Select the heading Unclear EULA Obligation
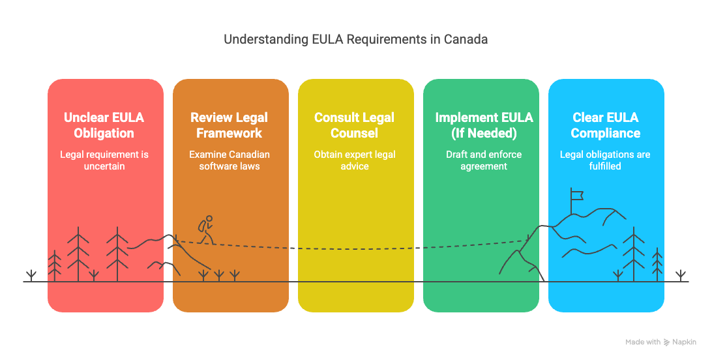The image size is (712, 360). point(104,125)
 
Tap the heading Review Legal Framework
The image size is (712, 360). point(230,125)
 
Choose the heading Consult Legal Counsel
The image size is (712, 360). point(355,125)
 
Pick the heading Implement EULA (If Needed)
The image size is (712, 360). point(484,125)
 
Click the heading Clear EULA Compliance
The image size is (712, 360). point(606,125)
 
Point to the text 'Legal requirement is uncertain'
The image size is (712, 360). point(104,160)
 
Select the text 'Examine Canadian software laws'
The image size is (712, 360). point(230,160)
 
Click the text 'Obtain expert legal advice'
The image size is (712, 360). point(355,160)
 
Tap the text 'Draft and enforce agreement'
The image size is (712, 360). point(484,160)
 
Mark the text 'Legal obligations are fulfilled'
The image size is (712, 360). point(606,160)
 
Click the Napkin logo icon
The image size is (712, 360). point(667,342)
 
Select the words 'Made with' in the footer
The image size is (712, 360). point(643,342)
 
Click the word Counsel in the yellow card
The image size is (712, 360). point(355,133)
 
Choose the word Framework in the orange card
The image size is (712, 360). point(230,133)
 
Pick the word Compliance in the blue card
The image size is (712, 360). point(606,133)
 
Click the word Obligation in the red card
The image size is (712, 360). point(104,133)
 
